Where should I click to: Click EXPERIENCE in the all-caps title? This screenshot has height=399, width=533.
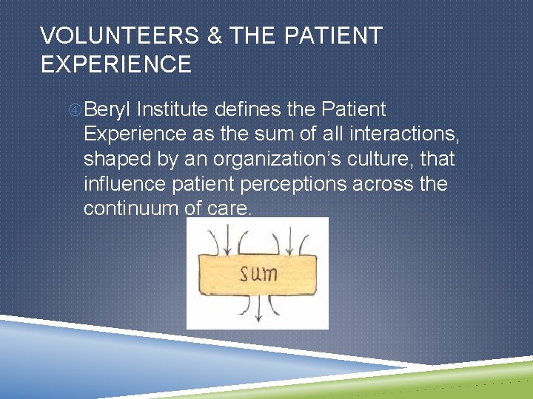116,65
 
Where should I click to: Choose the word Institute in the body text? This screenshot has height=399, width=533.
172,110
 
